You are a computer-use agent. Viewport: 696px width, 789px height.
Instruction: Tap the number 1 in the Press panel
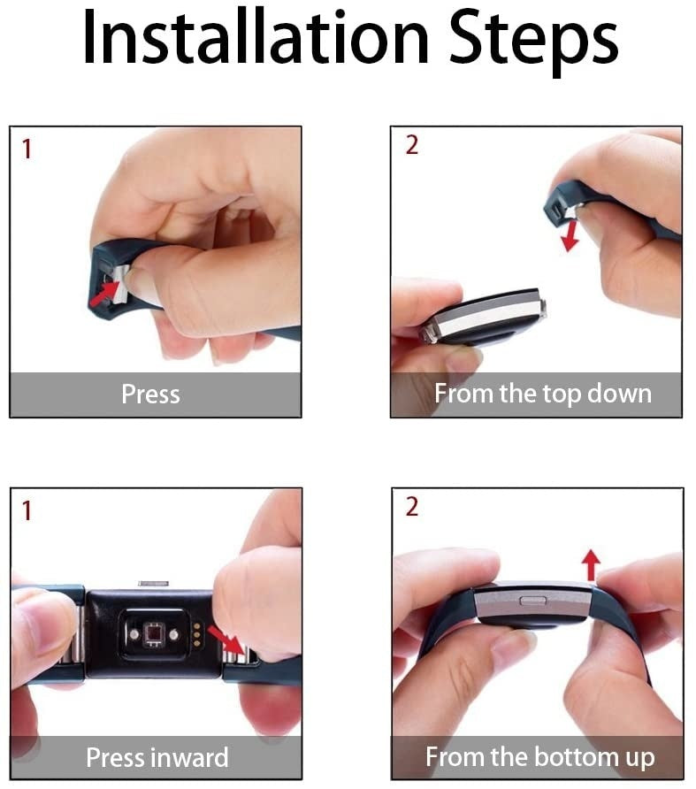pyautogui.click(x=27, y=149)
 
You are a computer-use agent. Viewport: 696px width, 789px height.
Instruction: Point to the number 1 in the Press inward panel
pyautogui.click(x=27, y=510)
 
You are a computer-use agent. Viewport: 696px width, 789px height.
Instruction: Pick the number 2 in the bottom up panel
pyautogui.click(x=411, y=508)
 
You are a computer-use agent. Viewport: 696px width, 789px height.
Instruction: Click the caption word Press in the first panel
pyautogui.click(x=150, y=394)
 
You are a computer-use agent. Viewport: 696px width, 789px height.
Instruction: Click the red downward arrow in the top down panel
pyautogui.click(x=572, y=234)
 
